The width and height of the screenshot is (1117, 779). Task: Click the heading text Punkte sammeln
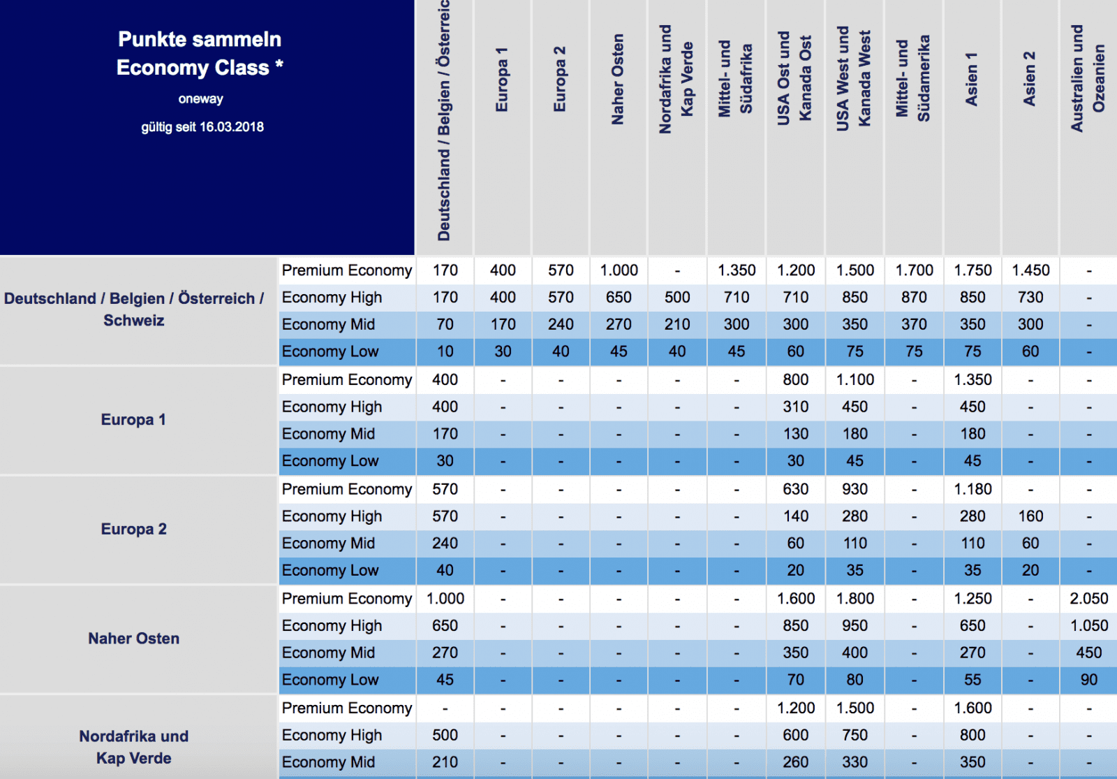click(200, 39)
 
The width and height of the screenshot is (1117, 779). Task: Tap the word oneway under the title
click(200, 99)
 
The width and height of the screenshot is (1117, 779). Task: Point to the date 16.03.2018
click(232, 127)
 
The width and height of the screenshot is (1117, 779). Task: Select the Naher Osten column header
click(618, 80)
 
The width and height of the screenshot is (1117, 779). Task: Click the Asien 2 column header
click(1029, 79)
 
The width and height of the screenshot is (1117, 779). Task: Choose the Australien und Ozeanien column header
click(1088, 78)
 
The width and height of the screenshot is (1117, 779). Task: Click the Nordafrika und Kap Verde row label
click(133, 747)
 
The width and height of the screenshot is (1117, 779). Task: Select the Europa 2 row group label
click(133, 529)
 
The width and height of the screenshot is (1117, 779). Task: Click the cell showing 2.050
click(1088, 599)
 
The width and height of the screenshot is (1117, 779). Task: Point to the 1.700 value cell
click(914, 270)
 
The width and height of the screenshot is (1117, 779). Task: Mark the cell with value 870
click(914, 298)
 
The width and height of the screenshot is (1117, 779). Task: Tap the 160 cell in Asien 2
click(1030, 516)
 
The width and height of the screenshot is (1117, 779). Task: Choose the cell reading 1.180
click(972, 489)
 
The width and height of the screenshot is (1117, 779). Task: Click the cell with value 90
click(1088, 680)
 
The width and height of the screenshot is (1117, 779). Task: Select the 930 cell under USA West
click(855, 489)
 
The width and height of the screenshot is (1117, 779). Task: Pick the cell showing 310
click(795, 407)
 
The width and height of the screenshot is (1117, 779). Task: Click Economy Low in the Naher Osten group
click(330, 680)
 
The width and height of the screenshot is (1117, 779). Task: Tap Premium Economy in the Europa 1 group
click(347, 380)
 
